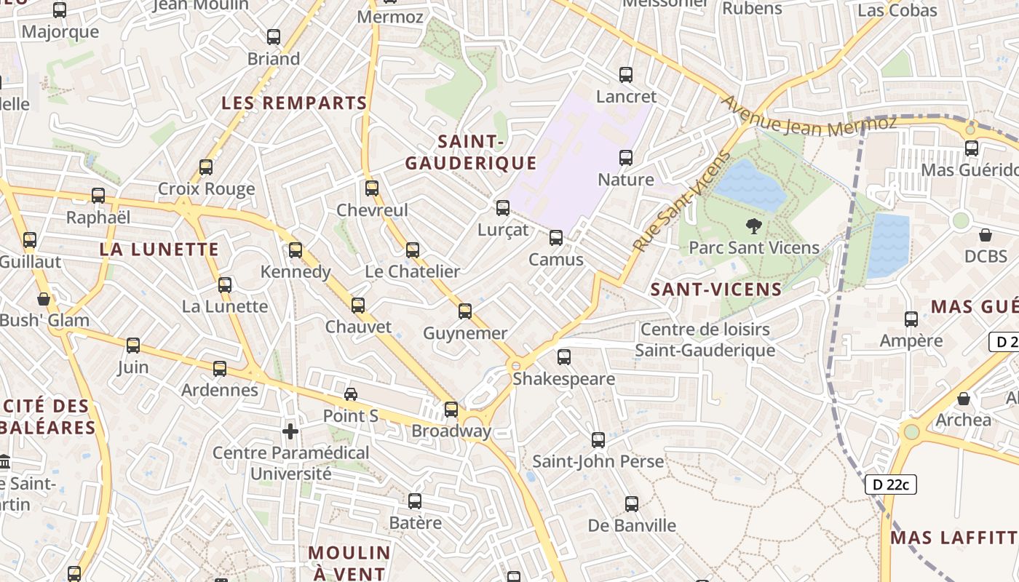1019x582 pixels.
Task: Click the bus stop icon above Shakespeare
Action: [564, 357]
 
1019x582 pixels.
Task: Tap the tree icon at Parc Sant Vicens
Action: [754, 226]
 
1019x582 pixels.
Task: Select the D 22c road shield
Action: [890, 485]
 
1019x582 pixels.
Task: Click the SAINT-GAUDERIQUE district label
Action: [471, 152]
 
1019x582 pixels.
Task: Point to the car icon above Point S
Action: [351, 394]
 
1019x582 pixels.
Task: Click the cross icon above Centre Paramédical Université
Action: [290, 431]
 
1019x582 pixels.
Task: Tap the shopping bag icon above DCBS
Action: [986, 235]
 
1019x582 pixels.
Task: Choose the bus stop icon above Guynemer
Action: [465, 311]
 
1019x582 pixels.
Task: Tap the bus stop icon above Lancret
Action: [626, 74]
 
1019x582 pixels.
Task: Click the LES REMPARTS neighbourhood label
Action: [294, 103]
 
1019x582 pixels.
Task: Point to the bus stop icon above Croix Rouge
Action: [206, 167]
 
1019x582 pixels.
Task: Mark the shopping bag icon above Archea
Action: [964, 399]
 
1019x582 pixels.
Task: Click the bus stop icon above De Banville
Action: [632, 503]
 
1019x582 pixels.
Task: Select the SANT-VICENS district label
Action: [716, 290]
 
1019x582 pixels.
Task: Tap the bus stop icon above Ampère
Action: [911, 319]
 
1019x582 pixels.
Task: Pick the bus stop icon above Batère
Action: [415, 501]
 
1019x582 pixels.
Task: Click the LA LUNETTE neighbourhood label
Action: [159, 250]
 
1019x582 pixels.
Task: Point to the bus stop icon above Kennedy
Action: [296, 250]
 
